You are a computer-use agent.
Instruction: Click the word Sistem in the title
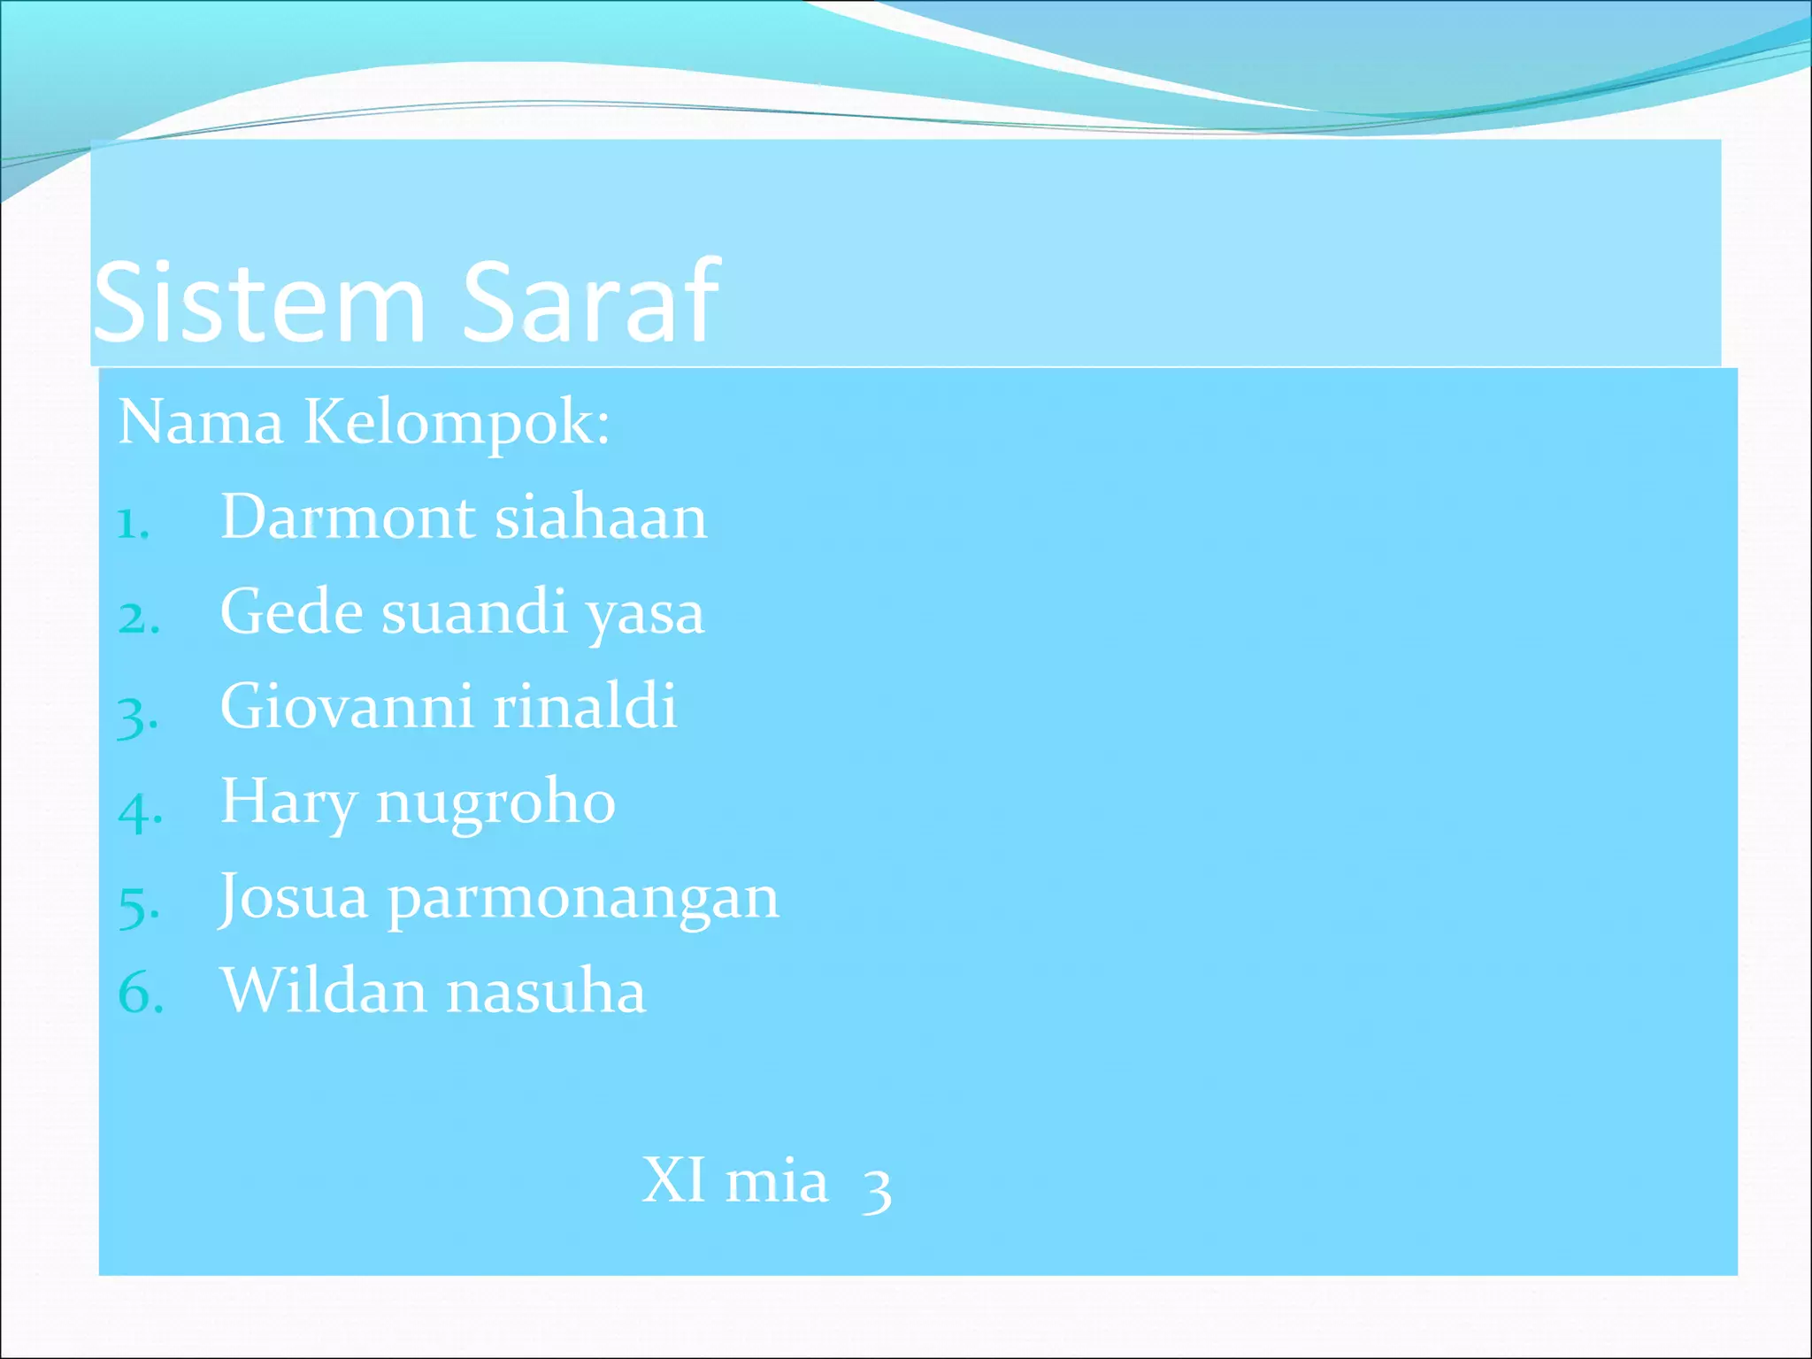point(259,303)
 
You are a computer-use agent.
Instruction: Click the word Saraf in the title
point(590,303)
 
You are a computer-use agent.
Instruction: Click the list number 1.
point(133,524)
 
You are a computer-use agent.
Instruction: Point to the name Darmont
point(348,517)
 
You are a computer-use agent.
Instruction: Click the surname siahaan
point(601,517)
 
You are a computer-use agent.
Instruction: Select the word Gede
point(291,611)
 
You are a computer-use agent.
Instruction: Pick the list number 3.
point(137,716)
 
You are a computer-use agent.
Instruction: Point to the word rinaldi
point(585,706)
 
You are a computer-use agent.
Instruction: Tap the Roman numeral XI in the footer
point(673,1180)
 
